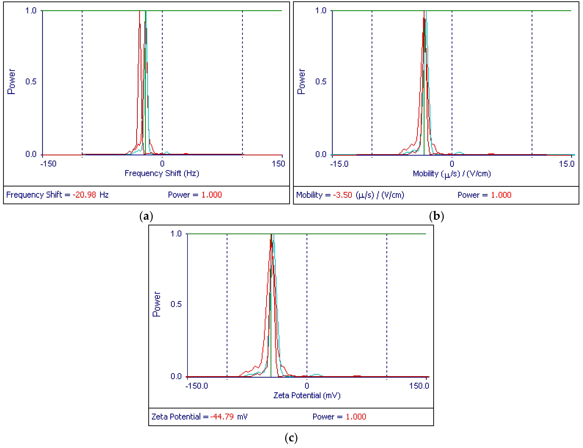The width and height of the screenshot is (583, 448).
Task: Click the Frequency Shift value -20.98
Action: tap(84, 195)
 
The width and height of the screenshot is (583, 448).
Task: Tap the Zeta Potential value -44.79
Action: tap(222, 417)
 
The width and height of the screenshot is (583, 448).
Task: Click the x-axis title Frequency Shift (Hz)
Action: tap(162, 174)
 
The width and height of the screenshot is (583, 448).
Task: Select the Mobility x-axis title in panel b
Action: tap(452, 174)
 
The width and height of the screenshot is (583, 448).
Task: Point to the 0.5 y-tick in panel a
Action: tap(31, 82)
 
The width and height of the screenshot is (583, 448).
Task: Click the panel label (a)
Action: tap(146, 216)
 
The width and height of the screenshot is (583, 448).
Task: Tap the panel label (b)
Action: tap(436, 216)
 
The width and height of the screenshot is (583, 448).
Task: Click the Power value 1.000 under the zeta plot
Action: tap(356, 417)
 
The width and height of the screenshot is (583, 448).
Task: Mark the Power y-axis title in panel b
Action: tap(301, 82)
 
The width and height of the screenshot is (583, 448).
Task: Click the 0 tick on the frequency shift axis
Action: tap(162, 164)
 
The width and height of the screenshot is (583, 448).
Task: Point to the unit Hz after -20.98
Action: tap(104, 195)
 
